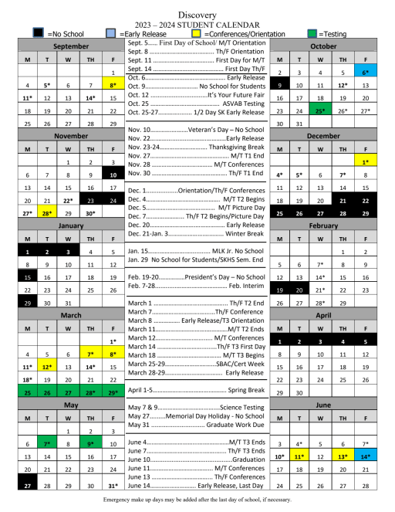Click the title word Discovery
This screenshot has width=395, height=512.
coord(197,15)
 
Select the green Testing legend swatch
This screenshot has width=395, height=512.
coord(313,34)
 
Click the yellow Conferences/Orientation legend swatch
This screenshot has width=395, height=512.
coord(197,34)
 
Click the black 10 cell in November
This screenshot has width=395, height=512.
coord(113,175)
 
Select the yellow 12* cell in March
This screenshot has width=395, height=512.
coord(48,367)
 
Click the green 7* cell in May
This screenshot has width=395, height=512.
coord(48,444)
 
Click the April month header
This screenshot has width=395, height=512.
coord(323,315)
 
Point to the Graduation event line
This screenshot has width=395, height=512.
coord(197,459)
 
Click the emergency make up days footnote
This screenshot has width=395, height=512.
coord(197,500)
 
